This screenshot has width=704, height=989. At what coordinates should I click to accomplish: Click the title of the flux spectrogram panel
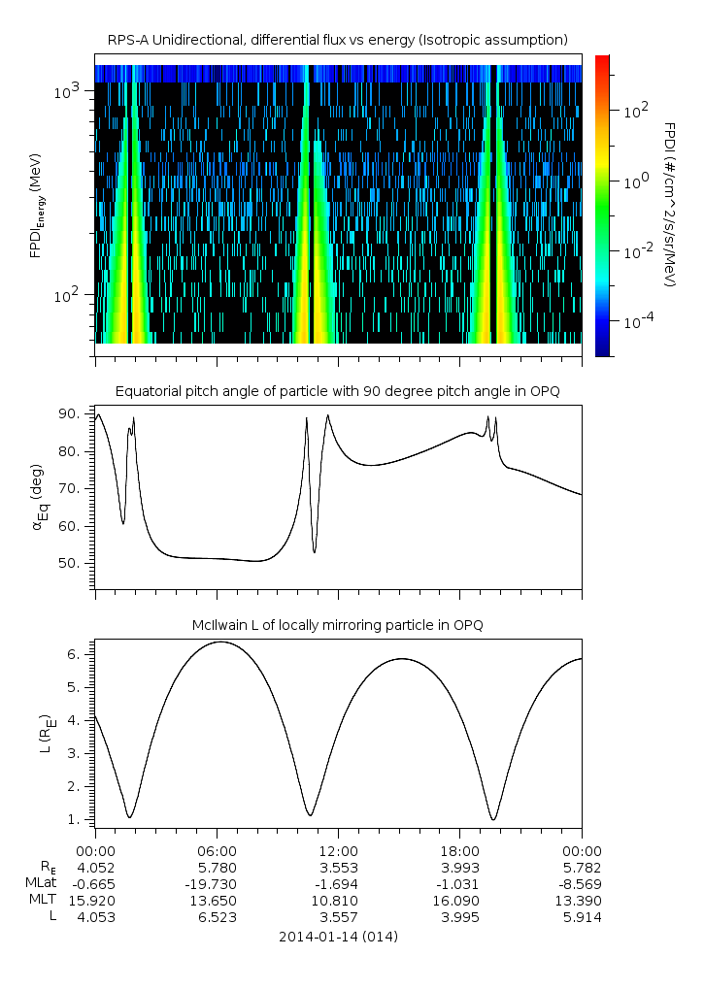click(x=338, y=39)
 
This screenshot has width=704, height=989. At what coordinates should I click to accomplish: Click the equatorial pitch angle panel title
click(x=338, y=391)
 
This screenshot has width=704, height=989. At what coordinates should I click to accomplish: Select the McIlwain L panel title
click(x=338, y=625)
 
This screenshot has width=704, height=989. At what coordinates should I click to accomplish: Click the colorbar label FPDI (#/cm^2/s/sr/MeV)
click(x=669, y=206)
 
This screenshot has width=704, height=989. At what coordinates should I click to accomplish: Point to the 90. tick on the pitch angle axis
click(x=75, y=414)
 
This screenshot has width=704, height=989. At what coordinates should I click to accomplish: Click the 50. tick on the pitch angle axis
click(x=75, y=564)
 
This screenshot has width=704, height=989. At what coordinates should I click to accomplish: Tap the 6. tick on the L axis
click(x=80, y=654)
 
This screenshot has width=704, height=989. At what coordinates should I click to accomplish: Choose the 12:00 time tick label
click(x=338, y=848)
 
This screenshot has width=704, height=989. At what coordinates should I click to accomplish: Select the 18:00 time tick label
click(x=459, y=848)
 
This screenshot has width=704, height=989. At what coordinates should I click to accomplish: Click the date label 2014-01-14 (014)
click(x=338, y=938)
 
